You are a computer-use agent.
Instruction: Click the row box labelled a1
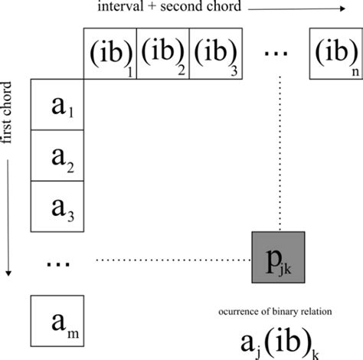click(57, 103)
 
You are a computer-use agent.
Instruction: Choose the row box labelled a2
click(57, 155)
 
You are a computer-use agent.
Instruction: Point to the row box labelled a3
click(57, 205)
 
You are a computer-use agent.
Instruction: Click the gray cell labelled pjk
click(279, 257)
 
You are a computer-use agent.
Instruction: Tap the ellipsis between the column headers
click(274, 52)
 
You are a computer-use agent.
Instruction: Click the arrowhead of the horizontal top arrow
click(340, 9)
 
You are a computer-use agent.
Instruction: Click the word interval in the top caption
click(119, 8)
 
